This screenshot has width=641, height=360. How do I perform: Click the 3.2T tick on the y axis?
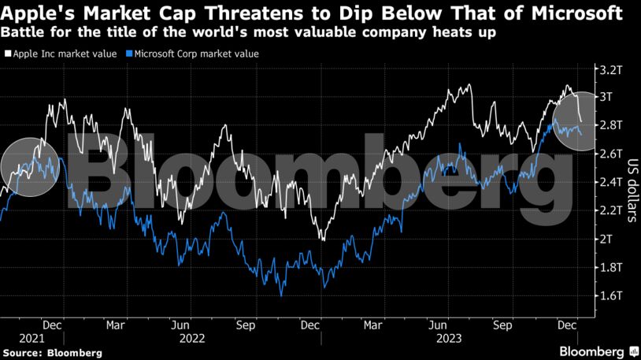pyautogui.click(x=611, y=69)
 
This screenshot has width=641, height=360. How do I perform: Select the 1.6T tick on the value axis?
pyautogui.click(x=611, y=295)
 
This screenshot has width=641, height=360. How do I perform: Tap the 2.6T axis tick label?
pyautogui.click(x=611, y=154)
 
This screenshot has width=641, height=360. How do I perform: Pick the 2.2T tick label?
pyautogui.click(x=611, y=210)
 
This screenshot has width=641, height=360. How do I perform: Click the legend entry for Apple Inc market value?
pyautogui.click(x=62, y=54)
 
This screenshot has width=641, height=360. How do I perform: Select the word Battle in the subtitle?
pyautogui.click(x=23, y=35)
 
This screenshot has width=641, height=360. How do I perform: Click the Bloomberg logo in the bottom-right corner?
pyautogui.click(x=593, y=350)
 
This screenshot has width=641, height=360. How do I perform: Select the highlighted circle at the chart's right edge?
pyautogui.click(x=580, y=124)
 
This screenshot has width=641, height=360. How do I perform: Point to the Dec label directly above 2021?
pyautogui.click(x=53, y=324)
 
